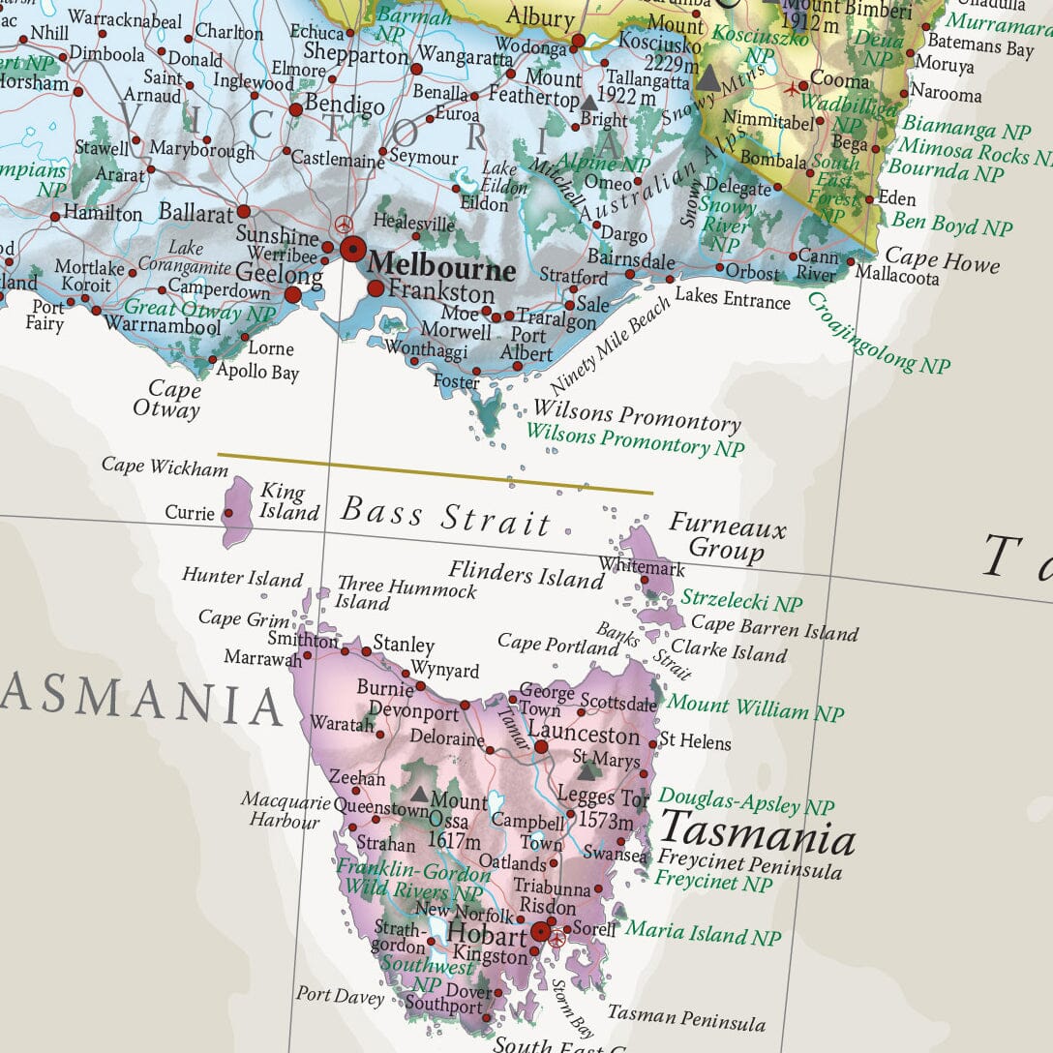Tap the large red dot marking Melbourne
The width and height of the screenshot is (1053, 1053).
point(352,248)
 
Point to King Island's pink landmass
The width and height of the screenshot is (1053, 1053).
point(237,510)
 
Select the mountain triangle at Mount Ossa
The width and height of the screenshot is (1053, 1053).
point(419,794)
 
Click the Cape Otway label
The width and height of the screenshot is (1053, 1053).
point(174,400)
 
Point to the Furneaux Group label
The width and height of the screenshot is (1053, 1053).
point(727,538)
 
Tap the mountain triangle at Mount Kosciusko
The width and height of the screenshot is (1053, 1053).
point(708,79)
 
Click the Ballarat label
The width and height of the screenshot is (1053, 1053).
point(196,212)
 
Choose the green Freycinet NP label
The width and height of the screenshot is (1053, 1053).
point(713,882)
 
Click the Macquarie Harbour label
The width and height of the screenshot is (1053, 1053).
point(281,811)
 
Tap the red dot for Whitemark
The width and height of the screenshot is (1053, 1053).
point(645,580)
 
